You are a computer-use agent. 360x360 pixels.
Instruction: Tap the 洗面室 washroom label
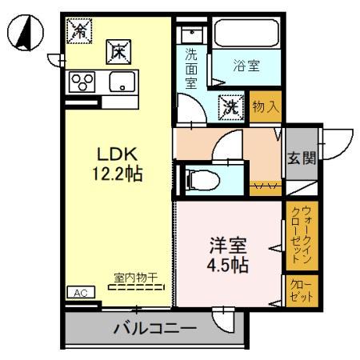click(x=191, y=67)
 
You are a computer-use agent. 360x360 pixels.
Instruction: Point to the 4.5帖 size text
click(x=226, y=265)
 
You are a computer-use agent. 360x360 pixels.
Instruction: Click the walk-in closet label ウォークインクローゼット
click(x=301, y=235)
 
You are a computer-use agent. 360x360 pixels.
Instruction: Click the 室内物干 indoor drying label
click(x=134, y=277)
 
